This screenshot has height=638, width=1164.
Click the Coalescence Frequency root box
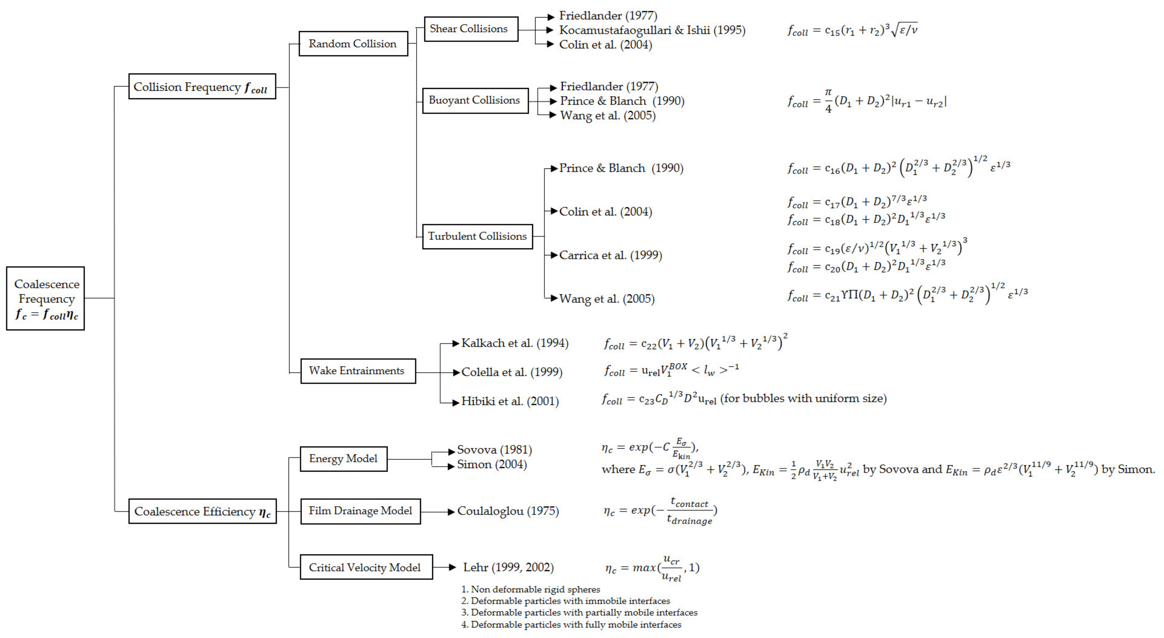click(x=46, y=298)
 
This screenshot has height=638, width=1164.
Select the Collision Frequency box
click(x=202, y=87)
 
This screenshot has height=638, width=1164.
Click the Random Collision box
click(x=353, y=44)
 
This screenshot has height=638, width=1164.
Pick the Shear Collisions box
click(x=471, y=29)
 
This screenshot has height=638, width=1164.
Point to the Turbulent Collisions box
click(x=478, y=236)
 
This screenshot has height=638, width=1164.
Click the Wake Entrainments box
click(x=358, y=371)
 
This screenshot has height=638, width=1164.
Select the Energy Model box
click(x=343, y=459)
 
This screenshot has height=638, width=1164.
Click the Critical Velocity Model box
click(x=366, y=567)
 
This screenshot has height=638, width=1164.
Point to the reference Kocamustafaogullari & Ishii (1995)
click(x=652, y=30)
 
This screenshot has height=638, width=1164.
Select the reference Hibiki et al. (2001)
click(x=510, y=401)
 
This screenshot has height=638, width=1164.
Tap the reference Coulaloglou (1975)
click(x=508, y=511)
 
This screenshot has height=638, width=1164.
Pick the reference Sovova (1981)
click(x=494, y=450)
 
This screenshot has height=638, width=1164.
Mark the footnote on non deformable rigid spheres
click(x=530, y=589)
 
